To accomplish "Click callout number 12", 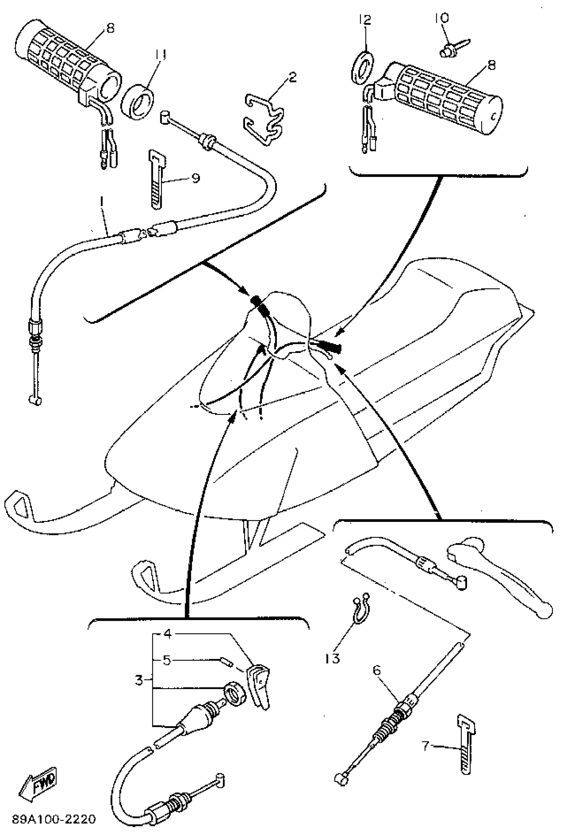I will pos(365,20).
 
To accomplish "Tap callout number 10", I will pos(442,17).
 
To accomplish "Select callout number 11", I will pos(160,56).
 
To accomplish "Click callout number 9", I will pos(195,178).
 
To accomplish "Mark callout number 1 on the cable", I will pos(102,203).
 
